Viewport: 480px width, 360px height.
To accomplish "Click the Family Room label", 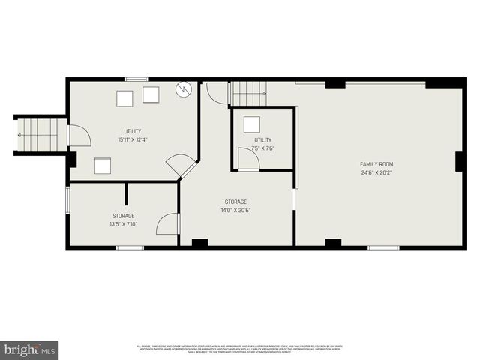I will click(x=376, y=164).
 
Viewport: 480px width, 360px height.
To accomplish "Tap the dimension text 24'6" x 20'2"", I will click(x=376, y=172).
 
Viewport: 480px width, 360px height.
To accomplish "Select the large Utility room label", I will click(x=133, y=132).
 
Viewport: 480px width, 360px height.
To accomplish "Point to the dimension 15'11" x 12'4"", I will click(x=133, y=140).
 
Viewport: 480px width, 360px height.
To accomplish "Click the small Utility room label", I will click(x=262, y=140).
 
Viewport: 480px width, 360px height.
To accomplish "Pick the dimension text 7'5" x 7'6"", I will click(x=262, y=148).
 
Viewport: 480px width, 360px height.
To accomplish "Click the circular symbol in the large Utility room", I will click(x=183, y=90).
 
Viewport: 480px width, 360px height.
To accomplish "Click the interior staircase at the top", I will click(x=248, y=94).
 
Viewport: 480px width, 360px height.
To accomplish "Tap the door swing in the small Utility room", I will click(x=248, y=158).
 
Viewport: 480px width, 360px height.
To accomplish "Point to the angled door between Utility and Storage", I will click(x=181, y=165).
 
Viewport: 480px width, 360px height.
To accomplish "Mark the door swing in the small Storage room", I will click(x=169, y=223).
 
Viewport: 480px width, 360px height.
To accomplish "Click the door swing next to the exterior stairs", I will click(x=79, y=136).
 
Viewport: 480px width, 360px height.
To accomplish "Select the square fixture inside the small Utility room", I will click(x=253, y=125).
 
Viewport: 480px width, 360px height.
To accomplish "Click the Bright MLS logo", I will click(x=29, y=349).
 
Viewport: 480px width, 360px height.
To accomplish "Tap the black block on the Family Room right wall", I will click(x=459, y=161).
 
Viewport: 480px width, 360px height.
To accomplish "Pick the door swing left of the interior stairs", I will click(x=217, y=93).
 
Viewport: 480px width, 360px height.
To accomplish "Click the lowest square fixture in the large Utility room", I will click(x=103, y=166).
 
